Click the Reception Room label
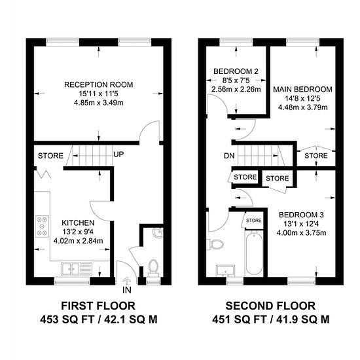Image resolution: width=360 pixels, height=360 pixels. click(x=98, y=84)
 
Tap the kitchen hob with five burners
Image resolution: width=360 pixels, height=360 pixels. click(x=42, y=226)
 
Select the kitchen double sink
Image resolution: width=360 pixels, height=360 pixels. click(x=77, y=268)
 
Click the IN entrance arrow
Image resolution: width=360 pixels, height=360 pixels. click(x=126, y=281)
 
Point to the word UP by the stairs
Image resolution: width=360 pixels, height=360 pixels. click(x=118, y=154)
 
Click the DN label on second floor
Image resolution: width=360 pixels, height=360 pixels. click(x=229, y=156)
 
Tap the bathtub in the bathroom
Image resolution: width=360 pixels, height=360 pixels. click(x=254, y=254)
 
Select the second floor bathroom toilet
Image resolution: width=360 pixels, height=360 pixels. click(x=215, y=245)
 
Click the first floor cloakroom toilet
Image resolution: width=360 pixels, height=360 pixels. click(x=153, y=268)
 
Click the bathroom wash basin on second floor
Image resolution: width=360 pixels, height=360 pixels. click(x=225, y=271)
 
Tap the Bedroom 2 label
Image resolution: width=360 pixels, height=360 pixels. click(x=236, y=71)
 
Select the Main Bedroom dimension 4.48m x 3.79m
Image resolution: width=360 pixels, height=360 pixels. click(x=303, y=107)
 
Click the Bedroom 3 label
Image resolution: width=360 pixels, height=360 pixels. click(x=301, y=215)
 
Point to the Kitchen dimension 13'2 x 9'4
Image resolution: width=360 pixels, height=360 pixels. click(x=78, y=232)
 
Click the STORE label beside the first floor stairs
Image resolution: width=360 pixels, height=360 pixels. click(x=50, y=156)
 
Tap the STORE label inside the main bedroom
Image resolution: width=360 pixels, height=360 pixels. click(x=316, y=156)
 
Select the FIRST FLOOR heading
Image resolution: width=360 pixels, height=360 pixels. click(x=98, y=306)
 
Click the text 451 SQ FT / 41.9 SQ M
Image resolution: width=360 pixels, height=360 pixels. click(x=271, y=319)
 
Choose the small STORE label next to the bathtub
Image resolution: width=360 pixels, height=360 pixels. click(x=254, y=221)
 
